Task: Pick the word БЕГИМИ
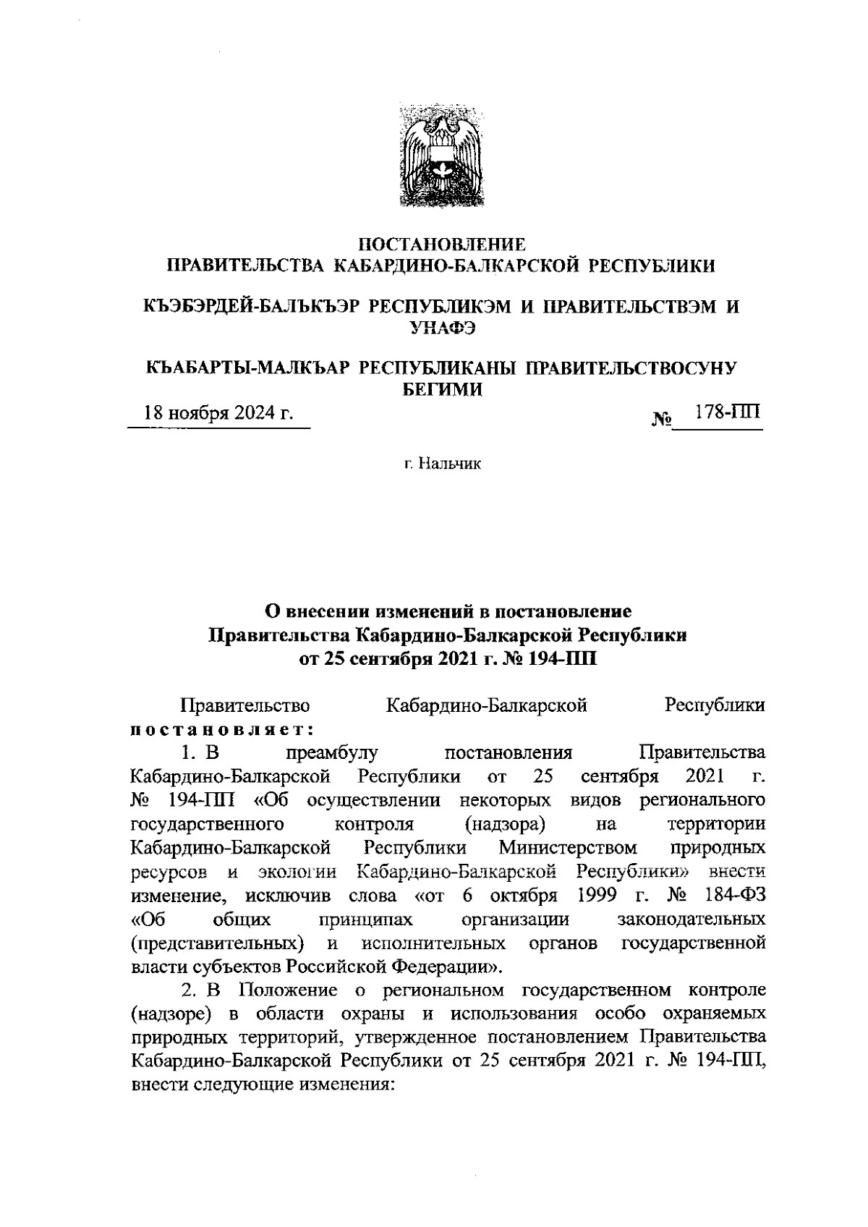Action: tap(442, 390)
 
